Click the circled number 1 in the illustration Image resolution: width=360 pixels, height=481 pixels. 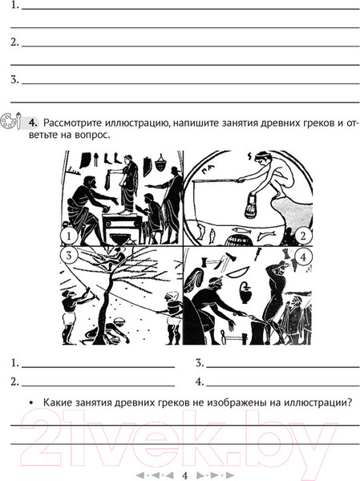point(69,236)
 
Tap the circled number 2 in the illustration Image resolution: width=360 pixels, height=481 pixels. point(303,236)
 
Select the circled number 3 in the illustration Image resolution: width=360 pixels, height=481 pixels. point(69,255)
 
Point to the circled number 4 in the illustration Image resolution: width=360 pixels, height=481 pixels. point(303,257)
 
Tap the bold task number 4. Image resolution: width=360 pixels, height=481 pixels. point(33,123)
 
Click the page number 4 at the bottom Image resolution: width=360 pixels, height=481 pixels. point(184,475)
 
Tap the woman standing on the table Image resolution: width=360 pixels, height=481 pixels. point(128,184)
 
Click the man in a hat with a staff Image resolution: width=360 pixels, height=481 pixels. point(170,204)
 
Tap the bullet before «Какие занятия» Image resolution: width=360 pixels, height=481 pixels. point(30,402)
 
